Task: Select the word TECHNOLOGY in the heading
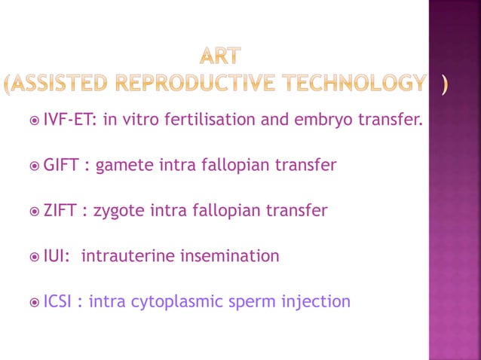point(351,83)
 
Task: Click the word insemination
point(229,256)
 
